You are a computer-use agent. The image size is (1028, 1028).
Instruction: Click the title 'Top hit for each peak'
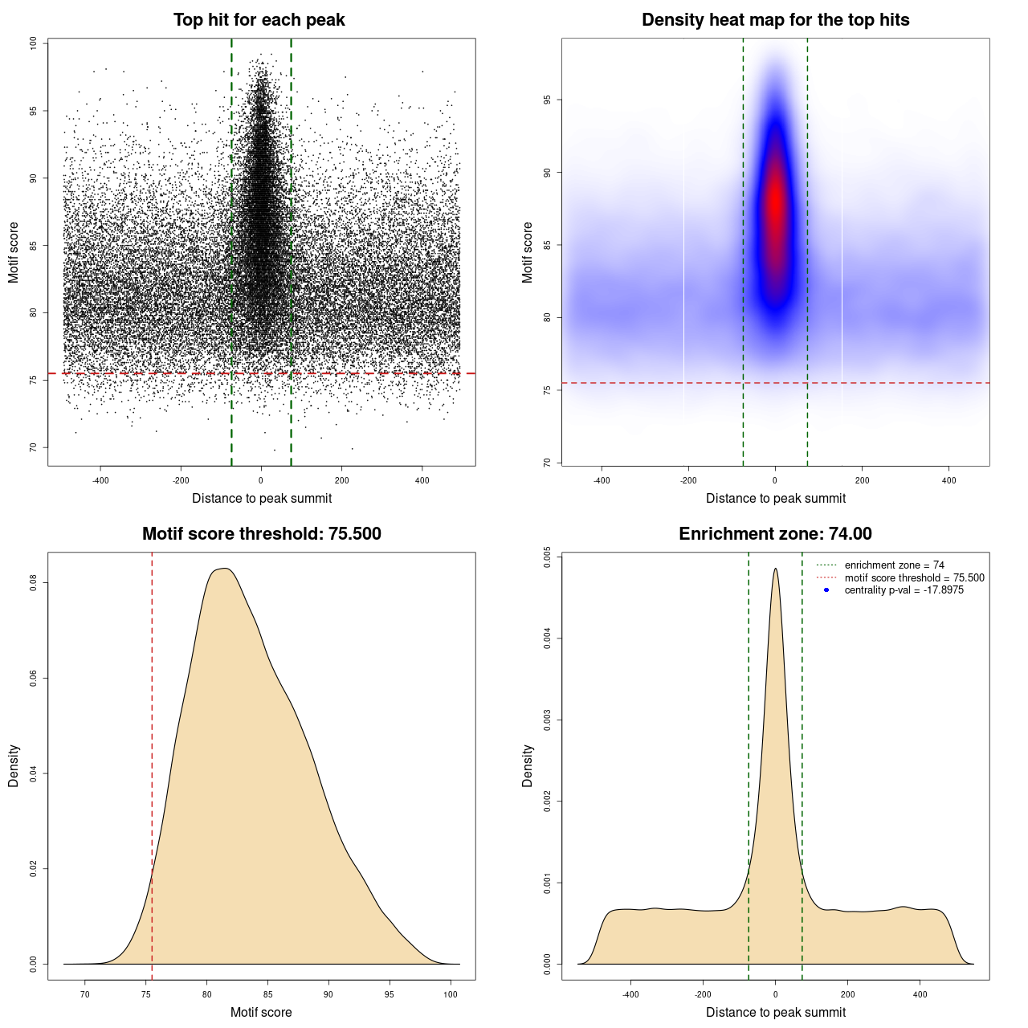(x=259, y=20)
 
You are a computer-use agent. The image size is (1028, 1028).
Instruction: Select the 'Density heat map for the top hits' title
(x=775, y=20)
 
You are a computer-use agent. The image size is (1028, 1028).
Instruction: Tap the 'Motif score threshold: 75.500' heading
(x=261, y=534)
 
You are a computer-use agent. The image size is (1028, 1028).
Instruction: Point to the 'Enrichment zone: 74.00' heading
(x=775, y=534)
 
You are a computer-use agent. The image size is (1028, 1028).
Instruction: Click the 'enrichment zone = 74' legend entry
(x=894, y=565)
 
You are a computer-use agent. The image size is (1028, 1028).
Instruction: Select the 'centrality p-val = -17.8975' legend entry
(x=904, y=590)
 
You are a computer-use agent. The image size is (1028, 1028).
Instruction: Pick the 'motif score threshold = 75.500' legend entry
(x=914, y=577)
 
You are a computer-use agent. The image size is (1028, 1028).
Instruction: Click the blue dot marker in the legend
(x=826, y=590)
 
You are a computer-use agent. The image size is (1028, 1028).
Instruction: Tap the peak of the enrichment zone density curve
(x=775, y=569)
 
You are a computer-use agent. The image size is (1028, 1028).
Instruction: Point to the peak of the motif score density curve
(x=226, y=569)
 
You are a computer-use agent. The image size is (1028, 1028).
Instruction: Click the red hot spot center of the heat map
(x=775, y=205)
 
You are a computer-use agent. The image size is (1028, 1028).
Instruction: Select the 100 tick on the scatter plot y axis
(x=33, y=43)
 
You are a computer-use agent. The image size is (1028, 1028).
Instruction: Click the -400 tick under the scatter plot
(x=100, y=480)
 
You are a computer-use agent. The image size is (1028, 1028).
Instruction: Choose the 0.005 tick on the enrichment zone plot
(x=547, y=557)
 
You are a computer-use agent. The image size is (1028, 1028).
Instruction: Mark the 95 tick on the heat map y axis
(x=547, y=100)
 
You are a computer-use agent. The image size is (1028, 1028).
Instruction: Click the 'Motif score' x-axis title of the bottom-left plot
(x=261, y=1012)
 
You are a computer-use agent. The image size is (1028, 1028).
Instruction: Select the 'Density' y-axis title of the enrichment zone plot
(x=528, y=765)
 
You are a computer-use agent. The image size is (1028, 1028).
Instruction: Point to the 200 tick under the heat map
(x=862, y=480)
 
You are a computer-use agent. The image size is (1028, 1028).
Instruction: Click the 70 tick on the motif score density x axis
(x=85, y=994)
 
